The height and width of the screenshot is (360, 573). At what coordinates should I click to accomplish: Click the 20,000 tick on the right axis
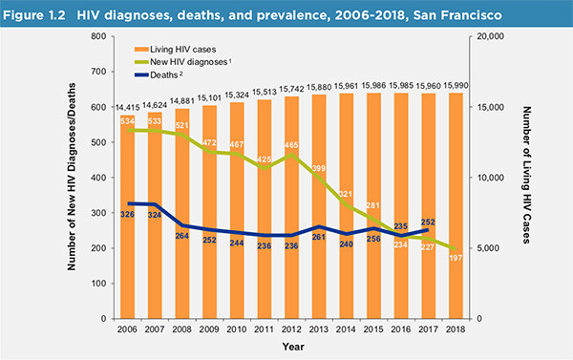(491, 36)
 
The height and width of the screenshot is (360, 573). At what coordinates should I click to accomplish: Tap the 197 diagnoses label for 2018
(456, 258)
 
